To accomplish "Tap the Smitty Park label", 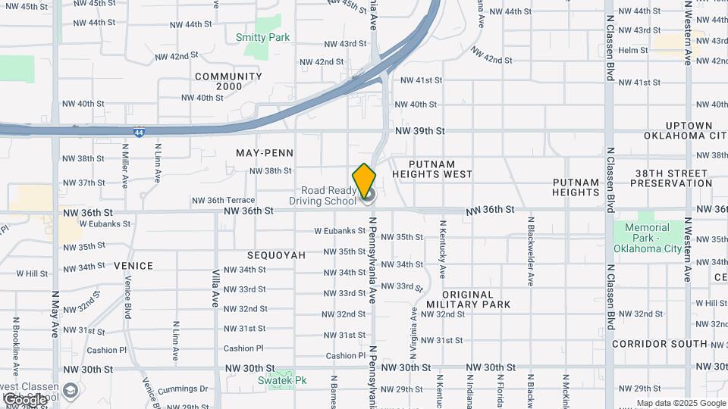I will [262, 37].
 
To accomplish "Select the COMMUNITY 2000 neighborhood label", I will [228, 81].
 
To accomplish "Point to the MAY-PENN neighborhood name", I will [264, 153].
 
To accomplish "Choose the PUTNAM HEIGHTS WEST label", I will [441, 169].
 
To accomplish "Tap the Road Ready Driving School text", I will [322, 195].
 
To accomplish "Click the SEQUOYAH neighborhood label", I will [276, 255].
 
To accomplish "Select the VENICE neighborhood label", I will [133, 266].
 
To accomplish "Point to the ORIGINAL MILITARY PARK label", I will [478, 299].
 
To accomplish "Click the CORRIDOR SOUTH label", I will [659, 344].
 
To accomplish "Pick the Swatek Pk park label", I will [281, 380].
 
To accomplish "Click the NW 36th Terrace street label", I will [223, 201].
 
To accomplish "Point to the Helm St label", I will [633, 51].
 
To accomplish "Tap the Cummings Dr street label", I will [182, 390].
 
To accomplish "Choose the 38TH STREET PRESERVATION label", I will [670, 177].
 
